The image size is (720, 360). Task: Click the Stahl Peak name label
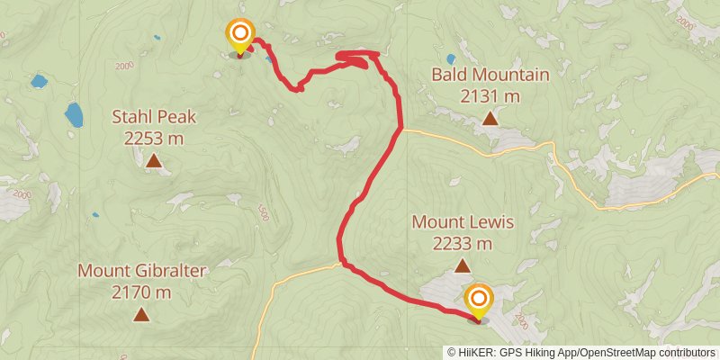[154, 116]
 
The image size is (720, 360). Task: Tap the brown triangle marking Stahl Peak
[154, 162]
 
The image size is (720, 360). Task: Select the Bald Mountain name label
[490, 75]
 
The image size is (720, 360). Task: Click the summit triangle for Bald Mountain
[490, 118]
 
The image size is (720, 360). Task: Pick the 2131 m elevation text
[490, 95]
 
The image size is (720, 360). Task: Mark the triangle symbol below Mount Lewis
[462, 265]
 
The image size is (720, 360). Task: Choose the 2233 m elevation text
[462, 243]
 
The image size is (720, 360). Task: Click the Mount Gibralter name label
[141, 270]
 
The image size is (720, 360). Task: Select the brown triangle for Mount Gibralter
[141, 314]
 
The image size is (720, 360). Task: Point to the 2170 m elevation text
[141, 292]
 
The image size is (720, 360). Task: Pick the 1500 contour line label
[263, 212]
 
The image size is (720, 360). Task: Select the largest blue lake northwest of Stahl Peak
[73, 114]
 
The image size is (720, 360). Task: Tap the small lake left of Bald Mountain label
[450, 60]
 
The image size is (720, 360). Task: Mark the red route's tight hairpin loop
[353, 59]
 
